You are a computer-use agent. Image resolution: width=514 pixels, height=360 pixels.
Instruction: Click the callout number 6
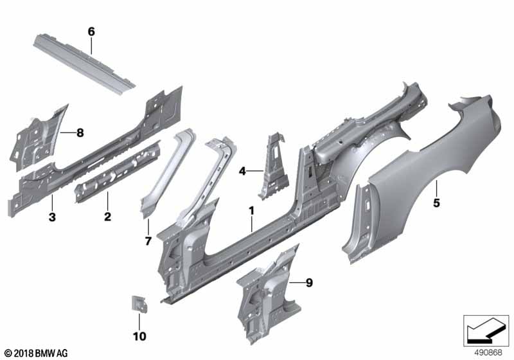tap(91, 32)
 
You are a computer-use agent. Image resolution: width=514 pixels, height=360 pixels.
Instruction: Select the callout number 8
tap(80, 133)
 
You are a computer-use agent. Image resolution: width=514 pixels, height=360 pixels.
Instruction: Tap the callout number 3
tap(52, 217)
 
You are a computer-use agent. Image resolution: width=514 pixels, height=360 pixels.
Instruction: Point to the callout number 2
tap(107, 217)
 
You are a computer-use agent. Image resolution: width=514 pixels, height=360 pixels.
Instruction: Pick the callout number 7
tap(148, 241)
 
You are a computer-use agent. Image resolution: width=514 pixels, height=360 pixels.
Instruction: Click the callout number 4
tap(242, 171)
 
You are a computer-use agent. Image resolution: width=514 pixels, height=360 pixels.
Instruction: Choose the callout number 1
tap(251, 210)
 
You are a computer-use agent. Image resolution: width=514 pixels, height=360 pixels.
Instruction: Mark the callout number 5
tap(436, 203)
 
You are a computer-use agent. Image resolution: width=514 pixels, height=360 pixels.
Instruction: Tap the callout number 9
tap(309, 283)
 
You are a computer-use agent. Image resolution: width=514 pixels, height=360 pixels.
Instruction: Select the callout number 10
tap(139, 336)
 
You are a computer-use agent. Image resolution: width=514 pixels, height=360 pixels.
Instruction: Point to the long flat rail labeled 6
tap(84, 63)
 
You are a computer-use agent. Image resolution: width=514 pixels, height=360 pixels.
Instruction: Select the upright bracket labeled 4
tap(272, 167)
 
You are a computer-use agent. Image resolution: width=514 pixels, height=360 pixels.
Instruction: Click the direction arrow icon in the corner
tap(486, 331)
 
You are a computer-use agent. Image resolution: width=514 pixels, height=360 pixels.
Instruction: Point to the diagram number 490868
tap(488, 352)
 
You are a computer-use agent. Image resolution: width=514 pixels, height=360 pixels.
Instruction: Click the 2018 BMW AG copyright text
tap(36, 353)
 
